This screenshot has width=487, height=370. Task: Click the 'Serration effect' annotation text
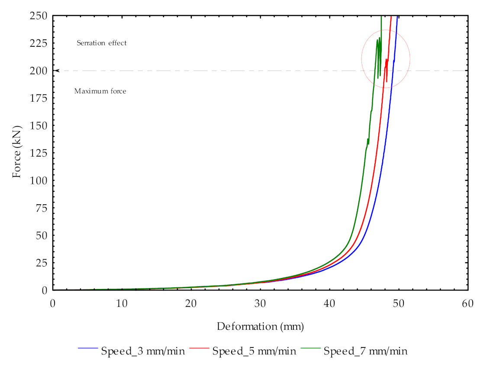point(102,43)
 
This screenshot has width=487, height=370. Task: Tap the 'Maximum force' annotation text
point(100,91)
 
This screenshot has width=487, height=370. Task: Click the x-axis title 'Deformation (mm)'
point(260,326)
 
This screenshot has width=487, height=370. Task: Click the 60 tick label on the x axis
point(468,303)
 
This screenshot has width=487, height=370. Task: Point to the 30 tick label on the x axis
point(260,303)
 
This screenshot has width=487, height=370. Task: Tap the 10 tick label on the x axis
point(122,303)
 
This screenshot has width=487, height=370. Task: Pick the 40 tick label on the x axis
point(329,303)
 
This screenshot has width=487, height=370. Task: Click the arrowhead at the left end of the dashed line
point(57,71)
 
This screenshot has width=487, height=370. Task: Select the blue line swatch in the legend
point(89,348)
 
